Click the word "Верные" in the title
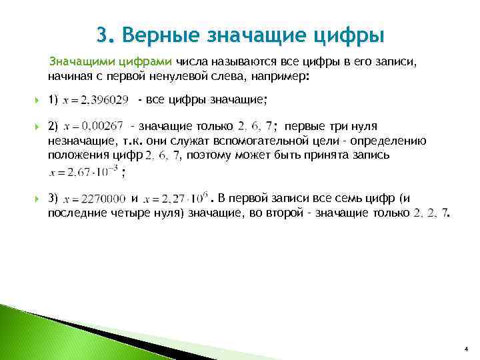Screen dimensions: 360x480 [158, 34]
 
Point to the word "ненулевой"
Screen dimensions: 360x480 [190, 76]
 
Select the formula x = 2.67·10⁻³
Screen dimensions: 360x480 [83, 172]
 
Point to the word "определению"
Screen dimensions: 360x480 [393, 141]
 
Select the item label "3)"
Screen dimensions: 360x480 [53, 198]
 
